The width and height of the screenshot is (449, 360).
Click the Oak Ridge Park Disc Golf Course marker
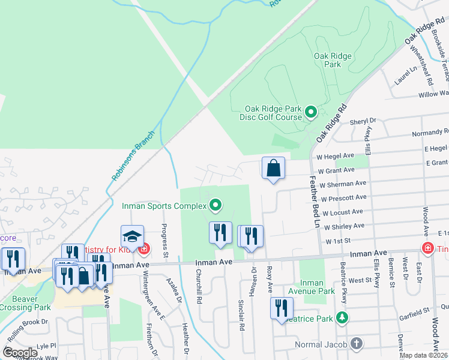[311, 112]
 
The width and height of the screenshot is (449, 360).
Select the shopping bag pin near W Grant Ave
[273, 169]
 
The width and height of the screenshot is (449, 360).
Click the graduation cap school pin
[132, 236]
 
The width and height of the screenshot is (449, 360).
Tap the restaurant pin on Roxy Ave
[281, 309]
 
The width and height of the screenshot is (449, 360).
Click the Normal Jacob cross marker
[357, 344]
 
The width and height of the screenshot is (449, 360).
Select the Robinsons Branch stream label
[133, 156]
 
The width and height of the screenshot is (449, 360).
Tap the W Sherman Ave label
[343, 184]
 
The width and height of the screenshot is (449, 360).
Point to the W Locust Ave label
[342, 212]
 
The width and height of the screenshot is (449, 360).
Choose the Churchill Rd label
[197, 285]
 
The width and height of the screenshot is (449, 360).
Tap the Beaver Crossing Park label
[25, 302]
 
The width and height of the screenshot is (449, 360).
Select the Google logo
[21, 353]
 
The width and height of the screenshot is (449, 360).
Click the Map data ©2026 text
[424, 355]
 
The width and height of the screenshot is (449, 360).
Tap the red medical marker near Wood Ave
[427, 248]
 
